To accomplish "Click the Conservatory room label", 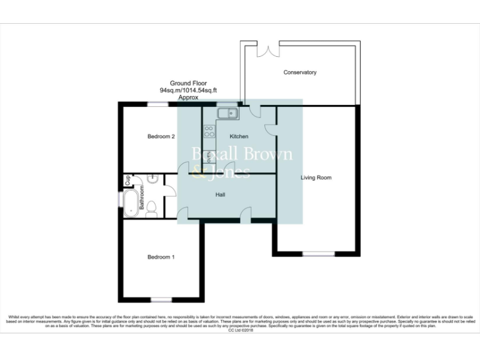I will [x=300, y=72].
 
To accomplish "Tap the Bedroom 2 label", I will [x=161, y=136].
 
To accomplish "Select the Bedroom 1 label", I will [x=161, y=257].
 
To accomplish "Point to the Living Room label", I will [x=316, y=178].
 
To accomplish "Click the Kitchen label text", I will [x=239, y=136].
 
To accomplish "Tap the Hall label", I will [x=221, y=195].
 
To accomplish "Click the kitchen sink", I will [x=227, y=113].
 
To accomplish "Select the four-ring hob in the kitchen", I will [x=209, y=132].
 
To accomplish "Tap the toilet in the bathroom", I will [x=151, y=212].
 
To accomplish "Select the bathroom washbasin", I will [x=152, y=178].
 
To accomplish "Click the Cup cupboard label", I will [x=127, y=180].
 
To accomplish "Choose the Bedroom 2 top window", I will [x=157, y=104].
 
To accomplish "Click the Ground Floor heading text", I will [x=188, y=83].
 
